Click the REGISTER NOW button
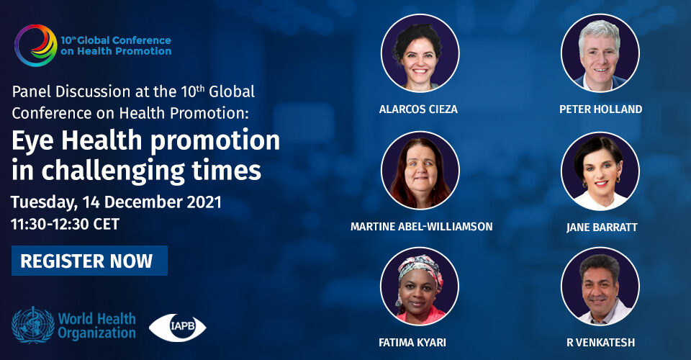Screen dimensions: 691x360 89,261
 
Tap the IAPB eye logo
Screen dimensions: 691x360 178,328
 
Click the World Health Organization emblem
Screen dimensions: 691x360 33,325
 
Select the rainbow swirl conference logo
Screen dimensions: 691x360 36,45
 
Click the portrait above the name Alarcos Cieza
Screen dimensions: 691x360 420,53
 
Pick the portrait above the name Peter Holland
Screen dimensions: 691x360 600,53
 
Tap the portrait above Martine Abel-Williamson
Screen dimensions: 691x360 420,171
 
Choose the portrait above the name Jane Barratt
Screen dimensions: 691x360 600,171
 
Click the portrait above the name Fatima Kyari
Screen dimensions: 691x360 420,287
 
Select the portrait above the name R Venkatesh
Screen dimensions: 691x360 600,287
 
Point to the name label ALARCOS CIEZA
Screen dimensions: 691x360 418,109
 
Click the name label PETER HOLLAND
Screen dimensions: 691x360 600,109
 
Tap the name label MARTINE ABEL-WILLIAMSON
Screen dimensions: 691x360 421,227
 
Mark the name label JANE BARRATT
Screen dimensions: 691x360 602,228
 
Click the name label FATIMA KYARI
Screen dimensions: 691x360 412,343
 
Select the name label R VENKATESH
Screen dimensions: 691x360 600,343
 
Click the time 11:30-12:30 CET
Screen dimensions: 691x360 66,225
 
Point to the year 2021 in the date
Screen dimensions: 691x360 204,202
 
